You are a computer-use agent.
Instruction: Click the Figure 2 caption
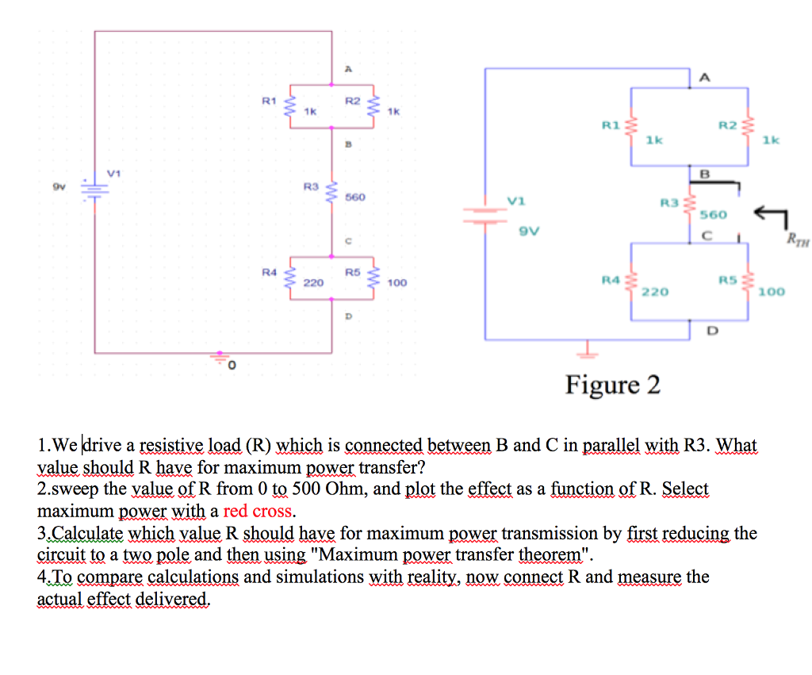612,385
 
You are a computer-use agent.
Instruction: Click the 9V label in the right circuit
529,232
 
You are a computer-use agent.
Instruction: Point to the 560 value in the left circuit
355,196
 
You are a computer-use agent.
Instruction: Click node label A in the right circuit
705,76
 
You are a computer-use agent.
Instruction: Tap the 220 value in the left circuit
312,282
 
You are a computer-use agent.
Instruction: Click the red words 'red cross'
259,511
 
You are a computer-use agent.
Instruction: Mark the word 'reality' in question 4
435,577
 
